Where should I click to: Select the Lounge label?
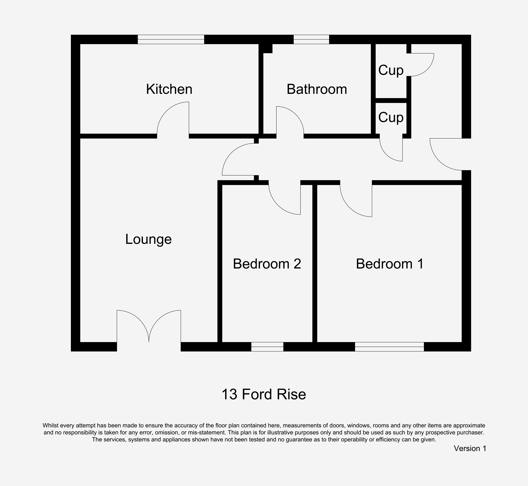coord(148,239)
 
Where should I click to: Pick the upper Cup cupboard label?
coord(391,70)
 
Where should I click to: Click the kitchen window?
coord(171,39)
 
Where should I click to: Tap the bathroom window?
coord(311,39)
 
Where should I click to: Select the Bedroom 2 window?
coord(267,347)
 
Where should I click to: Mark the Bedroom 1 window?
coord(389,347)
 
